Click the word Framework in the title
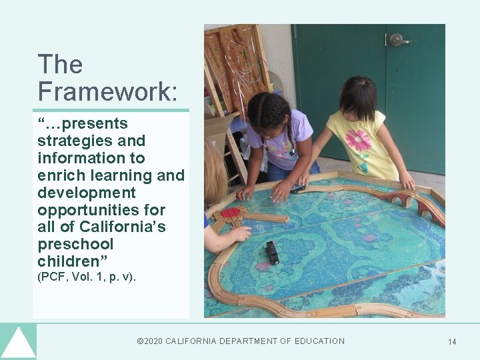[107, 91]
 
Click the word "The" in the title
[60, 65]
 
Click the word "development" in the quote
[87, 193]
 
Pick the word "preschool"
[75, 245]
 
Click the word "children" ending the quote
[72, 261]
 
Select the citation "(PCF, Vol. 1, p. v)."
[87, 277]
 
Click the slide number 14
[452, 342]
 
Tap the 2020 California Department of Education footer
[241, 341]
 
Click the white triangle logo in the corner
[18, 343]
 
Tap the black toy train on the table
[272, 252]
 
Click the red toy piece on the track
[231, 213]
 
